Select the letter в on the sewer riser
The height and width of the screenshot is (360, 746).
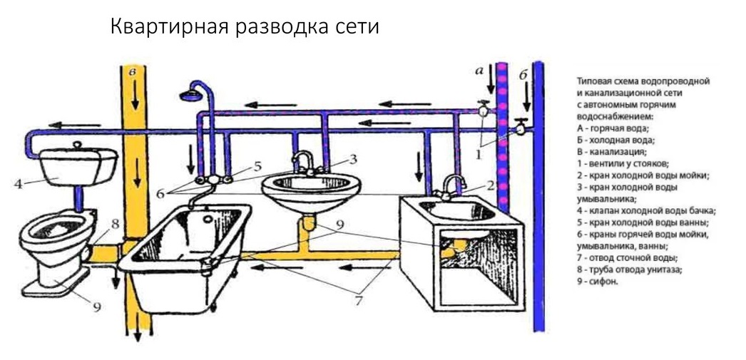pos(131,73)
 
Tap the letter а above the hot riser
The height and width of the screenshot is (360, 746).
pos(479,70)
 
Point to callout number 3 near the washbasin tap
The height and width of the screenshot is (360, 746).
pos(352,158)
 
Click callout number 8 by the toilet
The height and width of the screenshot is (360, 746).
pos(114,222)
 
